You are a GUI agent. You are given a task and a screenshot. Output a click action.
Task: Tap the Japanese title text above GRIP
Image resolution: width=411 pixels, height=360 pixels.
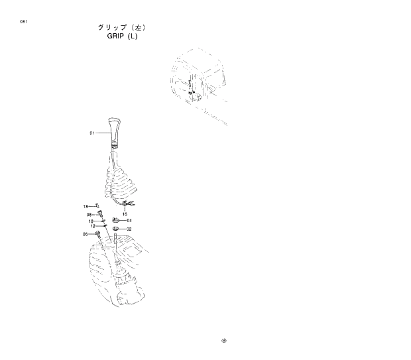click(120, 27)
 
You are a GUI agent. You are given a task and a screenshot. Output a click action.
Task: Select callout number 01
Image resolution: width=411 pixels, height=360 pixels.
click(92, 133)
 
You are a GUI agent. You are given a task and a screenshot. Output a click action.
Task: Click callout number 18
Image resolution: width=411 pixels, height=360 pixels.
click(86, 207)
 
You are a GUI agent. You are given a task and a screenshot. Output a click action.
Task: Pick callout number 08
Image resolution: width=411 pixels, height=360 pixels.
click(89, 214)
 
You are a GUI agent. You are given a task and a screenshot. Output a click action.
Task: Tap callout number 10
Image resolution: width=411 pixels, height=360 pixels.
click(91, 221)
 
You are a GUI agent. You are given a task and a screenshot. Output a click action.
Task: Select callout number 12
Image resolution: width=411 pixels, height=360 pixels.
click(93, 226)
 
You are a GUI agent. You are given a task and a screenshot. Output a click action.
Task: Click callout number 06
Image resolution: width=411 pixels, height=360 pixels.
click(86, 234)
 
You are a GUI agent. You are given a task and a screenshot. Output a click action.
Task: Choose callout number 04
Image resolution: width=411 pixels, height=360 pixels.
click(129, 220)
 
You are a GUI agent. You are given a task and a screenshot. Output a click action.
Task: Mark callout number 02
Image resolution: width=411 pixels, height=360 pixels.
click(129, 229)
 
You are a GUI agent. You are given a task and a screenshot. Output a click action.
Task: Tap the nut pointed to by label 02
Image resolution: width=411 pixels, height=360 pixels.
click(116, 229)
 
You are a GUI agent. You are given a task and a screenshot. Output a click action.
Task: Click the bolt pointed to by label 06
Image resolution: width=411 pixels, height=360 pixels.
click(98, 233)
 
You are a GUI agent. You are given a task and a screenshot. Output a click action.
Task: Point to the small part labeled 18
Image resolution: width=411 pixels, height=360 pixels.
click(96, 206)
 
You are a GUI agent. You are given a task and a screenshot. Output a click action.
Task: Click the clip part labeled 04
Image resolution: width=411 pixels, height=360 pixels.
click(116, 219)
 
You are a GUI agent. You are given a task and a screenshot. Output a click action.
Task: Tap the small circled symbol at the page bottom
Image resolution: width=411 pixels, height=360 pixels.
click(224, 341)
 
